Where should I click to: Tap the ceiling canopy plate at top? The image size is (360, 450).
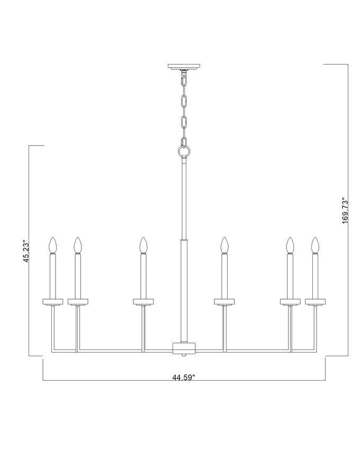pos(184,67)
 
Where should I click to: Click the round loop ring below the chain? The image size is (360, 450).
pos(184,152)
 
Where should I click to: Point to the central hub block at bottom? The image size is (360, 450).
pos(184,348)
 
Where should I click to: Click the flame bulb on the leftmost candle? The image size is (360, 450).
pos(52,245)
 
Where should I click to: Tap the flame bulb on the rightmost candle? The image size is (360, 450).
pos(316,245)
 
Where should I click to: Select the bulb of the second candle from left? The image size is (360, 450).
pos(78,245)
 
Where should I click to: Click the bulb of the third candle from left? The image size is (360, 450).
pos(143,245)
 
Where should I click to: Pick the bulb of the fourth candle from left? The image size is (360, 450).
pos(224,245)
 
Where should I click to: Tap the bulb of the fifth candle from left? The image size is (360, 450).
pos(290,245)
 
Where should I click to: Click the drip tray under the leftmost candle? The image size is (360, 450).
pos(53,302)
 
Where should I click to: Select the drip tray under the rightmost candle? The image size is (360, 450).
pos(316,302)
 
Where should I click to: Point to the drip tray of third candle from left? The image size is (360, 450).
pos(143,302)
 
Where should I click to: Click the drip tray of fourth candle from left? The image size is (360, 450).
pos(224,302)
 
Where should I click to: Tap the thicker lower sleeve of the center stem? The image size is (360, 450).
pos(184,289)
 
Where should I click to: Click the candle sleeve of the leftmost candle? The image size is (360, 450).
pos(52,275)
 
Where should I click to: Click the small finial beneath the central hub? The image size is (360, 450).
pos(184,357)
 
